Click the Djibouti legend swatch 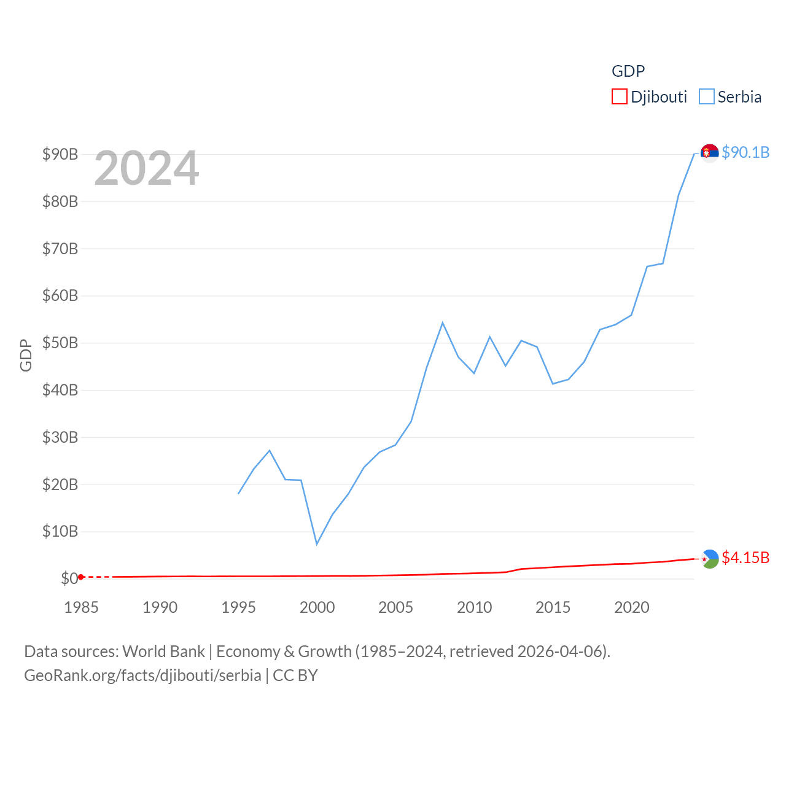pos(619,97)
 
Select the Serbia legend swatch pos(707,97)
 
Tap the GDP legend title pos(628,71)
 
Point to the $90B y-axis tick pos(60,154)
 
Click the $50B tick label pos(60,343)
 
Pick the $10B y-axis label pos(60,531)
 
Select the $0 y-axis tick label pos(69,578)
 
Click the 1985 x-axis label pos(81,607)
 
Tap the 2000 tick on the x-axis pos(317,607)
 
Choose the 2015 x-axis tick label pos(553,607)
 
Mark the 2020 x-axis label pos(631,607)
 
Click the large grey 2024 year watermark pos(147,168)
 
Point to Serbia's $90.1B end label pos(745,152)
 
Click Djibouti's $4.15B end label pos(745,558)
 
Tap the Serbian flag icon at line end pos(710,152)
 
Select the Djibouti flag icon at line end pos(710,559)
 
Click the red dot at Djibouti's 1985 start pos(81,577)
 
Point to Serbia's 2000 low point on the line pos(317,544)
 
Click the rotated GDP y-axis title pos(26,355)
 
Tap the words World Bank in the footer pos(163,652)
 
